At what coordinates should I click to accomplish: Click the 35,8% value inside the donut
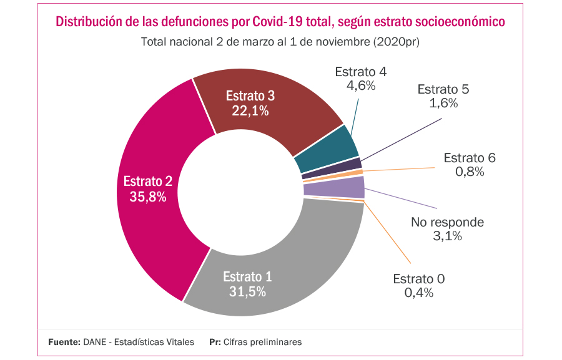click(x=147, y=197)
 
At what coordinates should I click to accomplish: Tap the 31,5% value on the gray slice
click(x=247, y=291)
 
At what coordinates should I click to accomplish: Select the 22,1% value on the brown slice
click(x=250, y=111)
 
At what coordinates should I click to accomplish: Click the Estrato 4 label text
click(x=360, y=72)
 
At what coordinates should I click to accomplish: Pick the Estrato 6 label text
click(x=470, y=158)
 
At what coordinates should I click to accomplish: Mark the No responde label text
click(x=447, y=222)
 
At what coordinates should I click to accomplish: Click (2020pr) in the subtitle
click(x=395, y=42)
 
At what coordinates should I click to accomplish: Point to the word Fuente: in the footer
click(x=64, y=342)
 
